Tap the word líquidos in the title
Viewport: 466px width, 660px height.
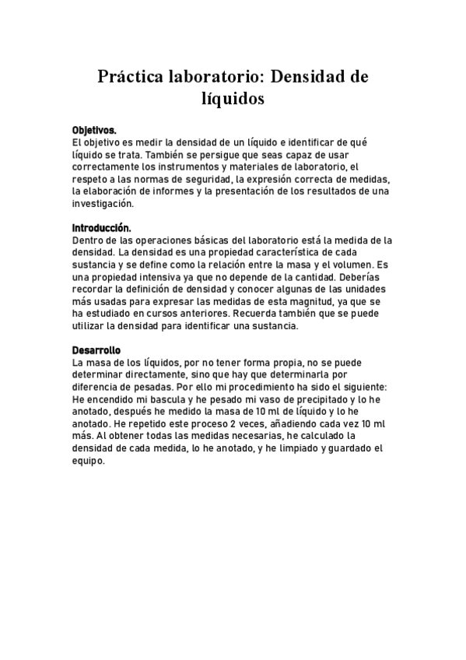coord(233,99)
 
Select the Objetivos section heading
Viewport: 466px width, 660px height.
coord(94,130)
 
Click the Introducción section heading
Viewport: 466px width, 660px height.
coord(101,228)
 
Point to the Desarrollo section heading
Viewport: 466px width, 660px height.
coord(96,350)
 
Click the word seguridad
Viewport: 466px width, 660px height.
coord(207,179)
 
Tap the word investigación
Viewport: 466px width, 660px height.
coord(103,204)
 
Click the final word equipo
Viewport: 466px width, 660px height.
coord(89,461)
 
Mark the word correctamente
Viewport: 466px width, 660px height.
coord(108,167)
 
